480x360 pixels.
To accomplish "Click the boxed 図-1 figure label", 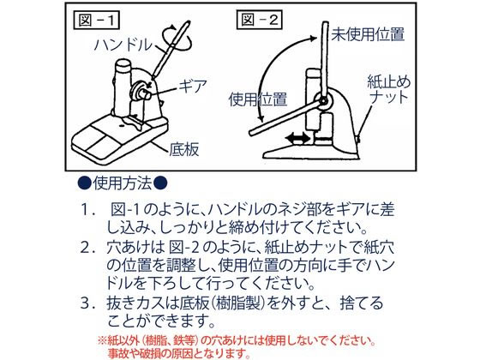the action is pos(96,21).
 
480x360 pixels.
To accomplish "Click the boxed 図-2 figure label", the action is pos(259,20).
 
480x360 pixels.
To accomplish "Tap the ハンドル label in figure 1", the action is pos(123,45).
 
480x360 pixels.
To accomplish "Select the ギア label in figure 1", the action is pos(193,86).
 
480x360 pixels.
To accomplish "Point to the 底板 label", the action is pos(184,149).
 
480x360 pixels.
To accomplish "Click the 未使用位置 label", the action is pos(369,34).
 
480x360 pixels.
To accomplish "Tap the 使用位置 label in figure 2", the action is pos(258,99).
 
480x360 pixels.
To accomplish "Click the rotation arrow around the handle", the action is pos(177,39).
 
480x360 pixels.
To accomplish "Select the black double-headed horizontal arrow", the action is pos(298,138).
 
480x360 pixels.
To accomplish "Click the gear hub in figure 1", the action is pos(141,91).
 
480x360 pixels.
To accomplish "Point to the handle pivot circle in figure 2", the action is pos(323,100).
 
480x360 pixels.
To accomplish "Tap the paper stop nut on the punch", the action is pos(358,139).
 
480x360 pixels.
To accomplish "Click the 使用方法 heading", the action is pos(123,183).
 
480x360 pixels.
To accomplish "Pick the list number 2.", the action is pos(87,248).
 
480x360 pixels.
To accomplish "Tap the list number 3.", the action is pos(87,303).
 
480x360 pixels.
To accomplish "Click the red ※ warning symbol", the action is pos(102,340).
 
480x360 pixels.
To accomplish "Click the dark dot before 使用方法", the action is pos(85,183).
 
